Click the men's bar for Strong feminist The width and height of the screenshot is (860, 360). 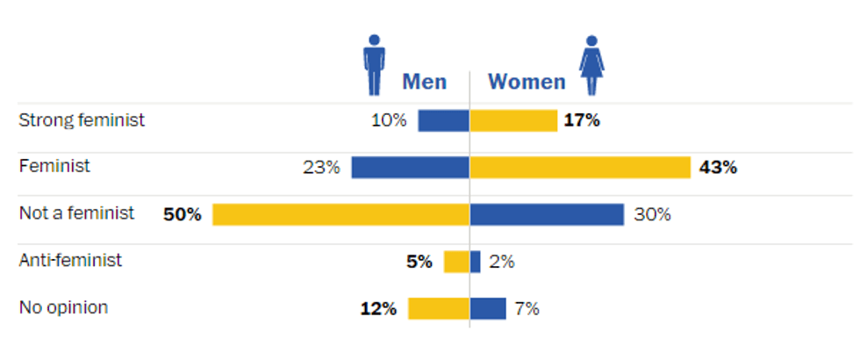[443, 120]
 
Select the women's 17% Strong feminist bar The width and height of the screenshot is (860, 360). [513, 120]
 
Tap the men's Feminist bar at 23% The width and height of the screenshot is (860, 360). [410, 167]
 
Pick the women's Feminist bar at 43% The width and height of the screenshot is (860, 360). [580, 167]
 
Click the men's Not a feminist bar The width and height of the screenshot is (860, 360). [340, 214]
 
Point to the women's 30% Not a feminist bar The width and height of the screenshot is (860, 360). [547, 214]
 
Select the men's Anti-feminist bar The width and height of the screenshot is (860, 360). [456, 262]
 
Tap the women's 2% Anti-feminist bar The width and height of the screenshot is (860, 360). [476, 262]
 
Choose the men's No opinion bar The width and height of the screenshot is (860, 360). [439, 308]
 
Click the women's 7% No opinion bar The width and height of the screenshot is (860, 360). [489, 308]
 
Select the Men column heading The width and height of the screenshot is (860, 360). [424, 82]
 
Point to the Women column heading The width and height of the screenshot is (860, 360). [527, 82]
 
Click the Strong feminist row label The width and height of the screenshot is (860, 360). [82, 120]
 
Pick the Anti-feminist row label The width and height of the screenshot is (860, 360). [70, 261]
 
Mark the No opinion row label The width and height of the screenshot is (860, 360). [63, 307]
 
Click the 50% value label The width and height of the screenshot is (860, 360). [183, 214]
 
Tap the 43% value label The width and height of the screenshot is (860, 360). [718, 167]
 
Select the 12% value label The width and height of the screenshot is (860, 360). [378, 308]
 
